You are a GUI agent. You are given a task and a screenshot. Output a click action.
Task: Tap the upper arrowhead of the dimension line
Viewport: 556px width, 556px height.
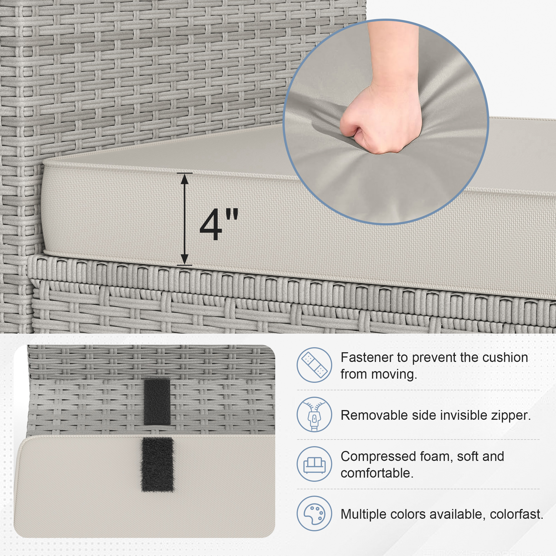coord(185,179)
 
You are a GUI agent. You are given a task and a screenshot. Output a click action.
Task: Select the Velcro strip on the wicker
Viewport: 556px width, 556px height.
coord(157,401)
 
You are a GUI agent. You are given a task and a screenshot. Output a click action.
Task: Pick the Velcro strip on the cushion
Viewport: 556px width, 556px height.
coord(157,465)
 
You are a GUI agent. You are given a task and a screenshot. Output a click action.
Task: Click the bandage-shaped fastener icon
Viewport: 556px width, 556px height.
coord(314,365)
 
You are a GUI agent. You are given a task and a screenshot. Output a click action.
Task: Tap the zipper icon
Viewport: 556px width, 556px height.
coord(314,414)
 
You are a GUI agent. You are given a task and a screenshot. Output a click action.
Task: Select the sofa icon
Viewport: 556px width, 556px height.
coord(314,464)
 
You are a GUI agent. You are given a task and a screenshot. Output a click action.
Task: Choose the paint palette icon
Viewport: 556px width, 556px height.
coord(314,513)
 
